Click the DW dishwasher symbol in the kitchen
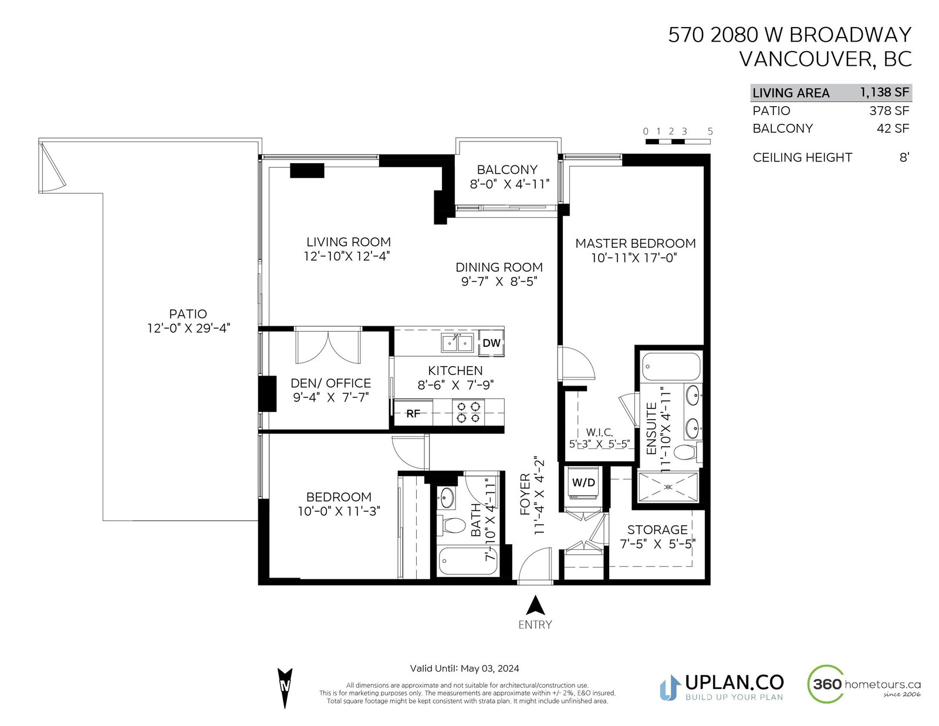tap(491, 343)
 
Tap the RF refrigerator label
tap(413, 414)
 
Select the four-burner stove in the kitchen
tap(468, 412)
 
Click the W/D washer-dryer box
tap(583, 482)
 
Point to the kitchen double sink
tap(457, 343)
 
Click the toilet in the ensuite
tap(688, 453)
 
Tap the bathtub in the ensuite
tap(671, 367)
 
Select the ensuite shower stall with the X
tap(668, 487)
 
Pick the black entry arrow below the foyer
tap(535, 605)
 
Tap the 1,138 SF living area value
tap(884, 93)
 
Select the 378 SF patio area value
tap(889, 111)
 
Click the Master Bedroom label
tap(635, 244)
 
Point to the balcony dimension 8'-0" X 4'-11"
tap(509, 184)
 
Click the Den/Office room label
tap(330, 383)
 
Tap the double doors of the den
tap(328, 346)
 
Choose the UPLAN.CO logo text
tap(734, 682)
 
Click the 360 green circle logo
tap(826, 684)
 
